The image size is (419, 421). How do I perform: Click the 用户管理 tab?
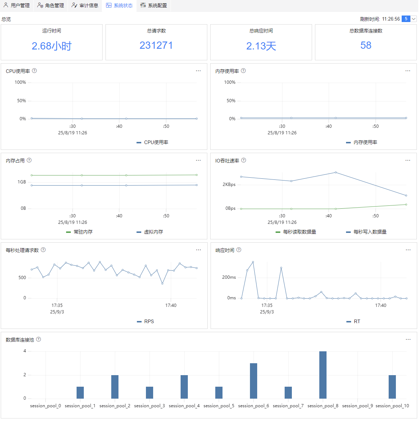tap(17, 5)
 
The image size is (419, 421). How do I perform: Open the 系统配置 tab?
tap(154, 5)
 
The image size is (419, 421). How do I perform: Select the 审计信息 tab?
tap(85, 5)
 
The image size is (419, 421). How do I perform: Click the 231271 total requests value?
tap(156, 45)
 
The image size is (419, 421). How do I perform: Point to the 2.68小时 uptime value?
tap(52, 46)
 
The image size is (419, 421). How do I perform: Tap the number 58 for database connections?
tap(366, 45)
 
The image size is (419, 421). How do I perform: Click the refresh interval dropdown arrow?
tap(414, 19)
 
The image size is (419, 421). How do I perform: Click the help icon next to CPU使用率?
tap(34, 71)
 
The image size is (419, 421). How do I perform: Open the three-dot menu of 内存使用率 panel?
tap(408, 71)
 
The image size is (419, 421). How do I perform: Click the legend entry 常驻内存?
tap(79, 232)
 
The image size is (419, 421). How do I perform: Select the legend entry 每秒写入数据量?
tap(366, 232)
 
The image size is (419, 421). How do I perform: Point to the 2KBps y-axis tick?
tap(229, 185)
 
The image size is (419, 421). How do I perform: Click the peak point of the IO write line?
tap(336, 172)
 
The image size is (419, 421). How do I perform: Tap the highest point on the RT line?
tap(253, 262)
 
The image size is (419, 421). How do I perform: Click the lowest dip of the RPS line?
tap(162, 283)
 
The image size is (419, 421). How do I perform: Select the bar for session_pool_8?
tap(323, 375)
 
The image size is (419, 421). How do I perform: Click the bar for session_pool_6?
tap(254, 381)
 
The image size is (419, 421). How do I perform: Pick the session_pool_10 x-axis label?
tap(392, 406)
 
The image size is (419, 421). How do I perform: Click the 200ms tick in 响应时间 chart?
tap(229, 277)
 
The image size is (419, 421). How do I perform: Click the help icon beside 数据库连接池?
tap(38, 339)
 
